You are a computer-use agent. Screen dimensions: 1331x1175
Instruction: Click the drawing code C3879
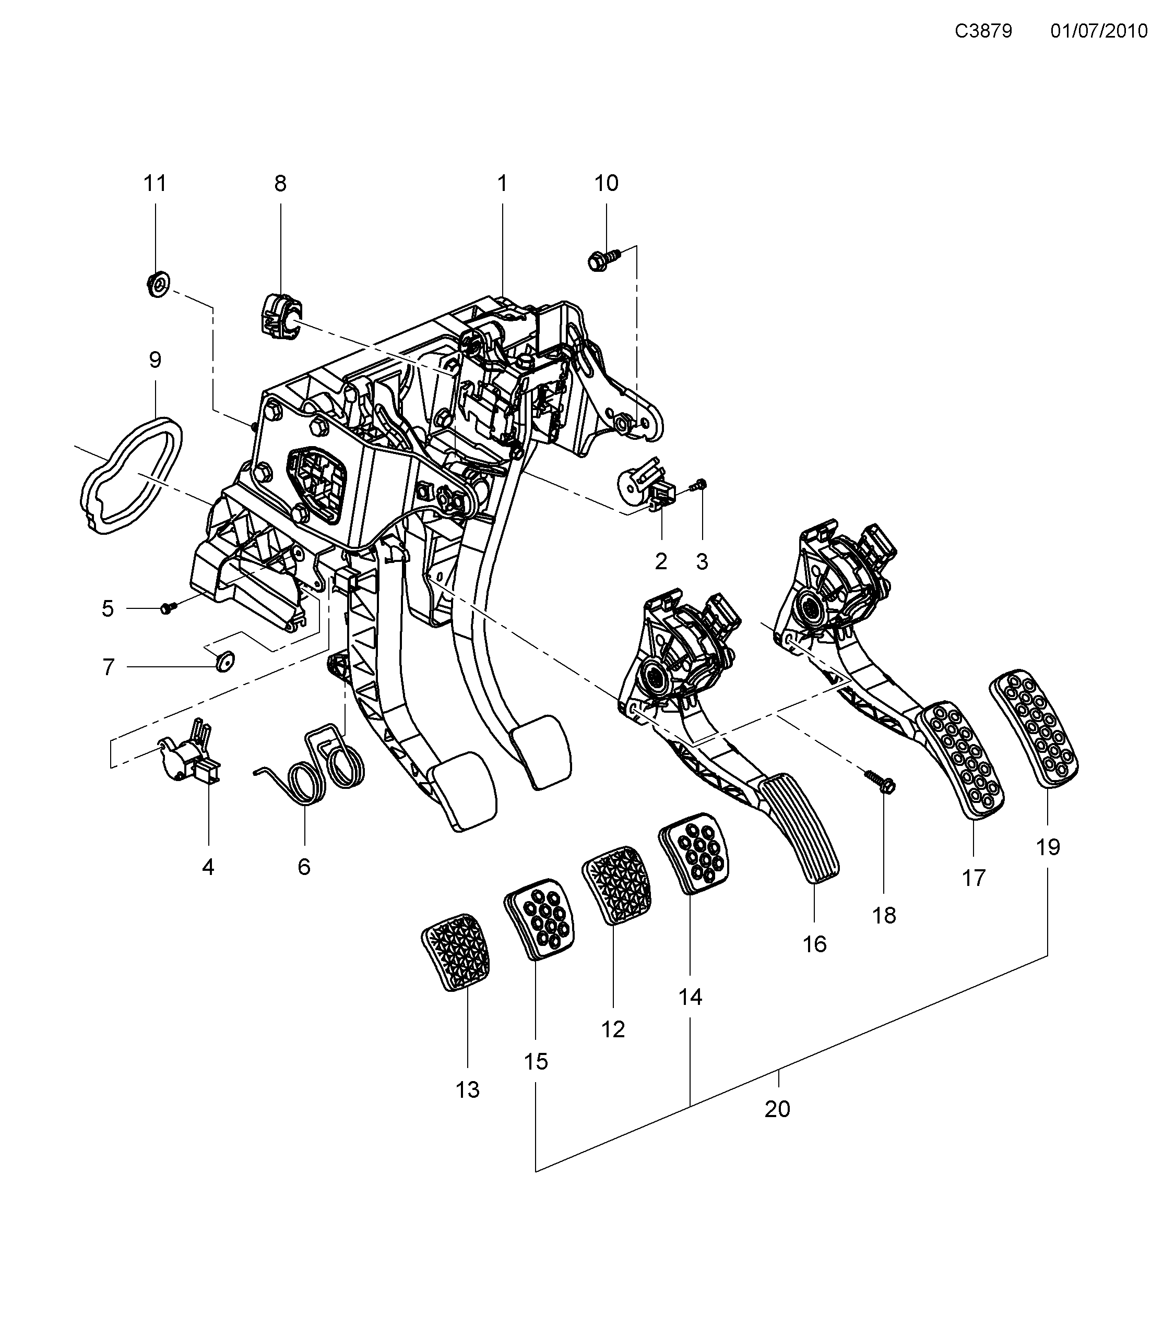[x=983, y=31]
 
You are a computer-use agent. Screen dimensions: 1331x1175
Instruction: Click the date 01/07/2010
[x=1099, y=31]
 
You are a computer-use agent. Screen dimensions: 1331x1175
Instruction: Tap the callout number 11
[x=155, y=184]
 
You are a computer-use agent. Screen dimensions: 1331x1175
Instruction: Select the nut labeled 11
[x=156, y=284]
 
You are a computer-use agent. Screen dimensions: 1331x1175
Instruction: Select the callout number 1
[x=502, y=184]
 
